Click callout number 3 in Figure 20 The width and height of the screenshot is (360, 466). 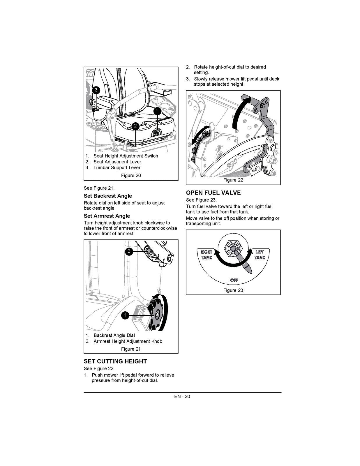tap(96, 90)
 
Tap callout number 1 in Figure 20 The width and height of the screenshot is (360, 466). tap(157, 111)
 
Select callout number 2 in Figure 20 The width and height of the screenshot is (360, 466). tap(135, 126)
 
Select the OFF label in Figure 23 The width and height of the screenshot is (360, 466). tap(234, 280)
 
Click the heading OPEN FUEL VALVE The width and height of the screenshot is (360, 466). tap(213, 193)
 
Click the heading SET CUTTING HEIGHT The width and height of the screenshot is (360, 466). tap(115, 361)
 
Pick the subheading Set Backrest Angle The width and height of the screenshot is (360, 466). tap(108, 196)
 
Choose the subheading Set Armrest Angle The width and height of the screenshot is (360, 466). tap(107, 216)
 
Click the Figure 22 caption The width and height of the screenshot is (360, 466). tap(233, 180)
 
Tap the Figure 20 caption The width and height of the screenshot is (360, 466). tap(131, 176)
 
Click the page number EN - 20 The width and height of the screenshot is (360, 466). tap(182, 396)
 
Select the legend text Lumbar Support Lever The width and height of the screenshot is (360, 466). tap(117, 168)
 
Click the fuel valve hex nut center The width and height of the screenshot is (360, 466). tap(233, 248)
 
